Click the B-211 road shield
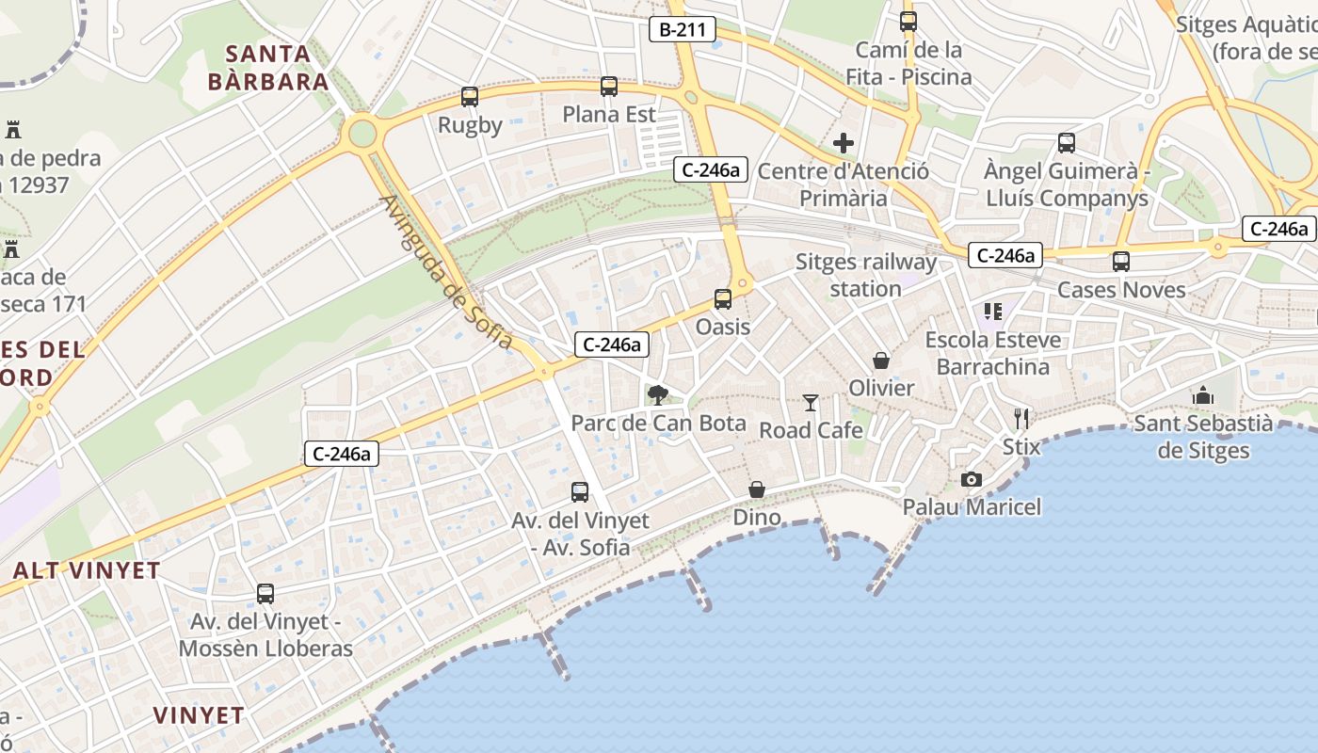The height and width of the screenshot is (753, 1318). tap(683, 29)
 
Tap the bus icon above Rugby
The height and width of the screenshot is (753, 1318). tap(470, 96)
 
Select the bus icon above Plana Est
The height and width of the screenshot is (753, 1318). tap(609, 87)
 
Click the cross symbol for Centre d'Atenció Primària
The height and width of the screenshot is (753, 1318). tap(844, 143)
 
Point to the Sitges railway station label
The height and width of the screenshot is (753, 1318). tap(866, 275)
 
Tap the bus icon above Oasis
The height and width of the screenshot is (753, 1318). tap(723, 299)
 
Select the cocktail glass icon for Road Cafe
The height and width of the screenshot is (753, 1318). tap(811, 403)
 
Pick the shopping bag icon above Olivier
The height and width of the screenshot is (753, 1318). tap(881, 360)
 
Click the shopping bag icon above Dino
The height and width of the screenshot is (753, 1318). tap(757, 489)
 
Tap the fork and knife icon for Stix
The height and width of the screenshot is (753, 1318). tap(1021, 418)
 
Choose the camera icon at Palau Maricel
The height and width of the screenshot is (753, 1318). tap(972, 480)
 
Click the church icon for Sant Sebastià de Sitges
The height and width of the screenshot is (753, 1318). tap(1203, 395)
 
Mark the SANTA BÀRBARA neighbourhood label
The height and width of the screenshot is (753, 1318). tap(268, 67)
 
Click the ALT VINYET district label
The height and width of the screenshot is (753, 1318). tap(87, 570)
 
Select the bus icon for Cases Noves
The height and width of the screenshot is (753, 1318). tap(1120, 262)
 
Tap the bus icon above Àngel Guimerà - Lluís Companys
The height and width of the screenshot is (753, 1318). tap(1066, 143)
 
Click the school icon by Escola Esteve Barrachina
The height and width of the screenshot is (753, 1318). tap(993, 311)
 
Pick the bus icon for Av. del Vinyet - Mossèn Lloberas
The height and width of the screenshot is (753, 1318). tap(265, 594)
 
